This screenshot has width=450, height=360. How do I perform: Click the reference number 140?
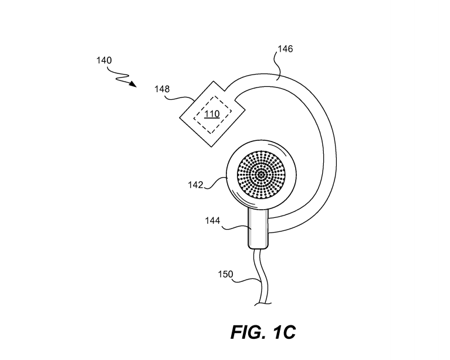pyautogui.click(x=104, y=60)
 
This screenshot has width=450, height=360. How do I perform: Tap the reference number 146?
pyautogui.click(x=285, y=49)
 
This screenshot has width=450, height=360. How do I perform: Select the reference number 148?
pyautogui.click(x=162, y=89)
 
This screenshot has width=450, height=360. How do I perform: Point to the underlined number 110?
pyautogui.click(x=212, y=114)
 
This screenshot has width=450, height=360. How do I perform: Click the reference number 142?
pyautogui.click(x=195, y=185)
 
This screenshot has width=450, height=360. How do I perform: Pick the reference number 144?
pyautogui.click(x=212, y=221)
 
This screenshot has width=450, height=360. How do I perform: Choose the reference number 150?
pyautogui.click(x=225, y=274)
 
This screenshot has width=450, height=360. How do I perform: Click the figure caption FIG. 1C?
pyautogui.click(x=263, y=332)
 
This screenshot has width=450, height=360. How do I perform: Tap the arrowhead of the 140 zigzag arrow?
pyautogui.click(x=133, y=84)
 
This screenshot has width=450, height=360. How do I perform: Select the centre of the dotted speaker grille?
pyautogui.click(x=261, y=174)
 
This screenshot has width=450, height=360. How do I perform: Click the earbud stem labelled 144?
pyautogui.click(x=258, y=228)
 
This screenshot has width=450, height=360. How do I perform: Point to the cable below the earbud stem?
pyautogui.click(x=260, y=277)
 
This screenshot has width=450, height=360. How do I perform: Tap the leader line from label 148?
pyautogui.click(x=179, y=98)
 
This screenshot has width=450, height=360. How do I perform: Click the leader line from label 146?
pyautogui.click(x=278, y=66)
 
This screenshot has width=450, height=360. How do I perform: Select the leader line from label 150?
pyautogui.click(x=246, y=280)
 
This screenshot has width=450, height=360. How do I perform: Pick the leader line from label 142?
pyautogui.click(x=216, y=183)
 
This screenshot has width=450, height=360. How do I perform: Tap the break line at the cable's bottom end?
pyautogui.click(x=263, y=304)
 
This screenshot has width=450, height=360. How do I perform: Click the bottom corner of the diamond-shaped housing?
pyautogui.click(x=212, y=147)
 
